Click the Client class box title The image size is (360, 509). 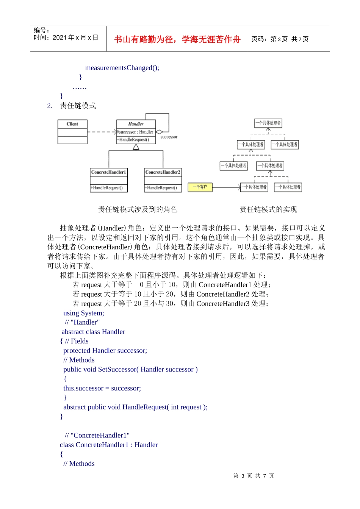click(x=72, y=124)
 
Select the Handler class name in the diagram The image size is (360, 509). click(x=136, y=124)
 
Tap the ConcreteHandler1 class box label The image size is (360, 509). click(x=108, y=172)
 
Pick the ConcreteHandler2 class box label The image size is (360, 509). click(x=163, y=172)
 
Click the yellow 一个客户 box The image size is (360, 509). click(x=200, y=187)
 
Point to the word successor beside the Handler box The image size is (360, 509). click(x=169, y=137)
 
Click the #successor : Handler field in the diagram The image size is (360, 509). click(x=135, y=132)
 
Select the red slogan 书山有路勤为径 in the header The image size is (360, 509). click(x=177, y=39)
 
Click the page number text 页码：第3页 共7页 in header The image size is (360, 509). click(x=280, y=39)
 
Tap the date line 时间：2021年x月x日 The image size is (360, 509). click(x=66, y=37)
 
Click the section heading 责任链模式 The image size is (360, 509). click(x=78, y=106)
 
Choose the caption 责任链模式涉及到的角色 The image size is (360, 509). click(x=138, y=209)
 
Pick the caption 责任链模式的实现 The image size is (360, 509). click(x=268, y=209)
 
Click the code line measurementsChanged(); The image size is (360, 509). click(x=122, y=68)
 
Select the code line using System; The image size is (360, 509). click(x=84, y=313)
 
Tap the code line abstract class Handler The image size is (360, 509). click(x=93, y=332)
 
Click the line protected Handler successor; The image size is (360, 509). click(x=105, y=351)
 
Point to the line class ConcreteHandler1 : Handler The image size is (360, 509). click(x=109, y=445)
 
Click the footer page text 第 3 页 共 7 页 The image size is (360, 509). click(x=254, y=476)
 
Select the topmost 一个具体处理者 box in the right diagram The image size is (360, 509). click(x=268, y=123)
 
